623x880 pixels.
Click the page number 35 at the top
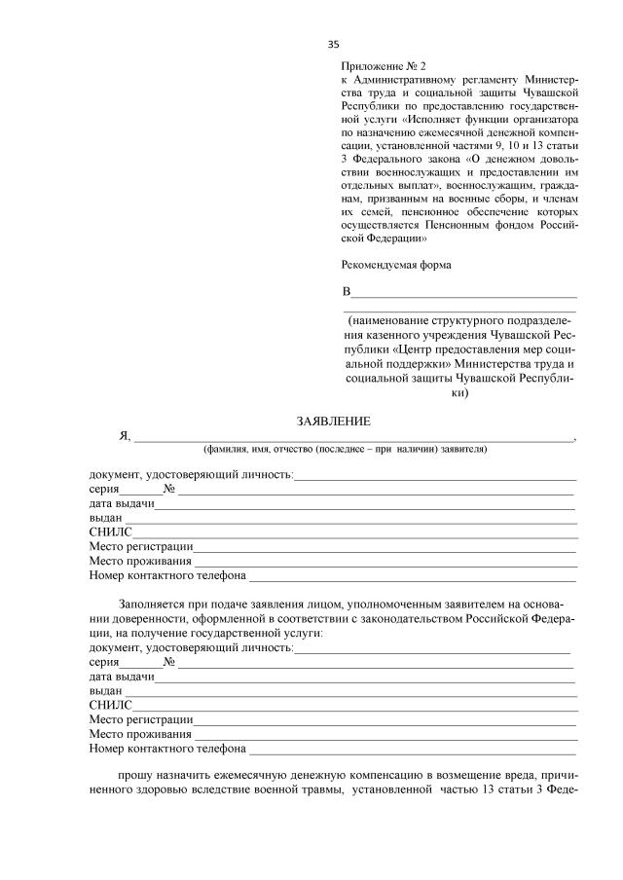coord(334,44)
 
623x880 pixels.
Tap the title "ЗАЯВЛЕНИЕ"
coord(334,421)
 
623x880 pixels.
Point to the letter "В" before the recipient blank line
coord(346,292)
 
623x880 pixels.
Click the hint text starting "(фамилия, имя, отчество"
coord(346,450)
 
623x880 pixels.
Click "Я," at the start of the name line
coord(125,437)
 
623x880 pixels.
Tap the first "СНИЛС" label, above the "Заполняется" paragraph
coord(109,532)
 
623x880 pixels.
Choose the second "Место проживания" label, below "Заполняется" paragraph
coord(140,734)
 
